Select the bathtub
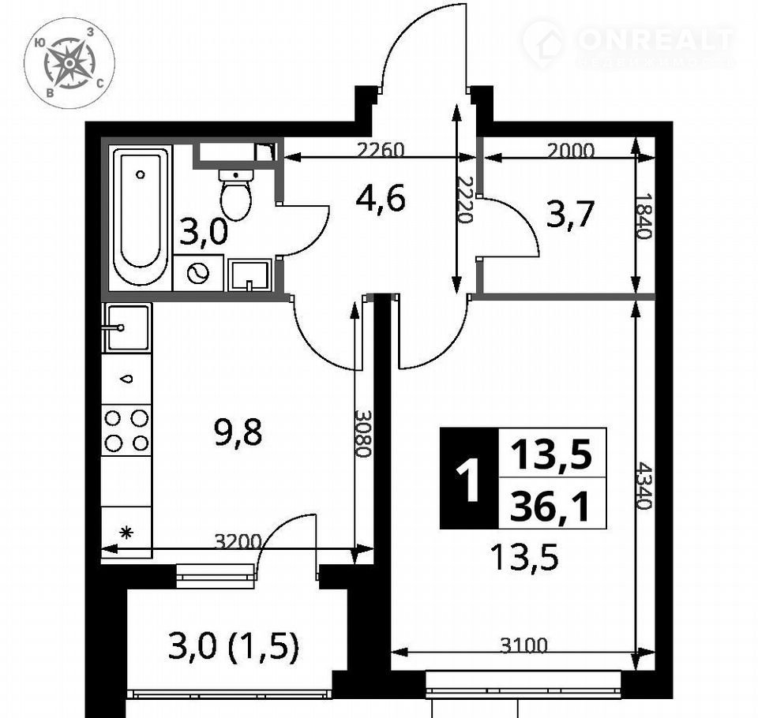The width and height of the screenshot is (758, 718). coord(141,216)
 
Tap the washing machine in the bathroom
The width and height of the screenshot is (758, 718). coord(198,273)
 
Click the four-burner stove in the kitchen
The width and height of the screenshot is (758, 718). coord(126,429)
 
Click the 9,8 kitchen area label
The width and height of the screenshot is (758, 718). coord(238,432)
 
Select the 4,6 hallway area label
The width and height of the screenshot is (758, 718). coord(380,199)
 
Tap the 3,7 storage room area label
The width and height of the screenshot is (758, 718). coord(569,214)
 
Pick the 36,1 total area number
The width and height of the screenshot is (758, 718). coord(550,506)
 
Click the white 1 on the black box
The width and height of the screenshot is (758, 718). coord(468,481)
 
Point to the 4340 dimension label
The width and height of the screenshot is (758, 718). coord(645,485)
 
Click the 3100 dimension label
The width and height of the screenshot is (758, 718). coord(524,645)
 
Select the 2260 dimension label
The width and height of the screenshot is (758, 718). coord(380,150)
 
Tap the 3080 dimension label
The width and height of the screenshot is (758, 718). coord(362,433)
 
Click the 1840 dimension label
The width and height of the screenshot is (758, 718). coord(644,216)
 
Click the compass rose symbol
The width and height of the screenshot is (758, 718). coord(69,63)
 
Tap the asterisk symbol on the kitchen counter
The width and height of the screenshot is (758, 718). coord(126,533)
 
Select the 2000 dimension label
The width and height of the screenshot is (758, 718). coord(571,151)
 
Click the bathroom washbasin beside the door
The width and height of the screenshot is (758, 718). coord(249,275)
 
